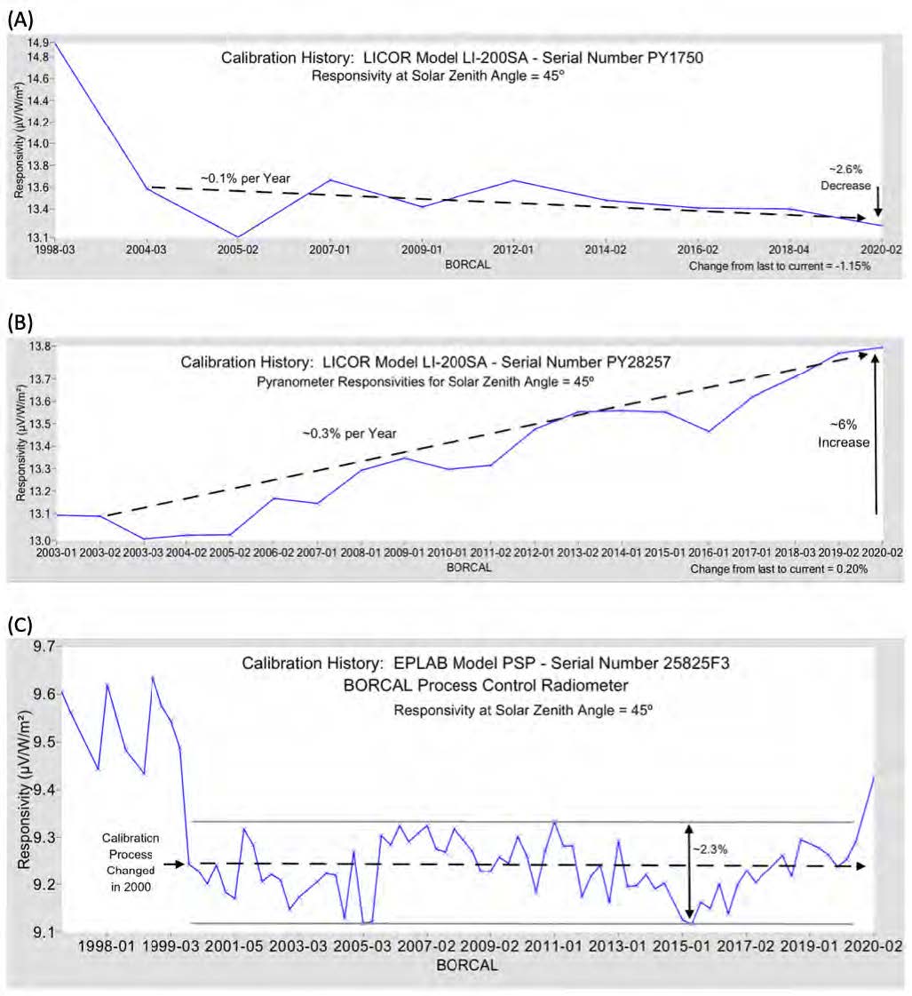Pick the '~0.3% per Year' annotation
348,434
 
